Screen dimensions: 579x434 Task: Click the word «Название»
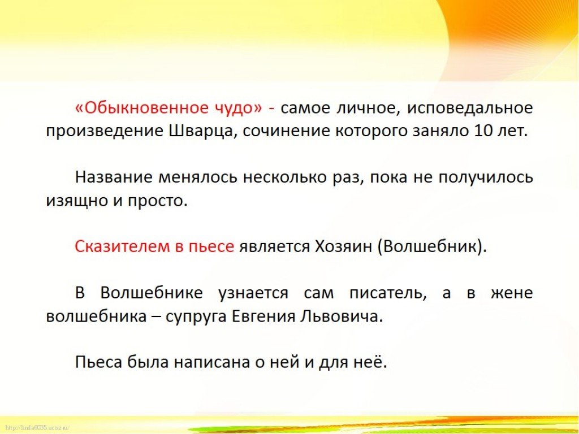(x=114, y=177)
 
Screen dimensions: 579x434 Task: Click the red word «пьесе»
(x=211, y=246)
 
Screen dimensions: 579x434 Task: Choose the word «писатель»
(x=386, y=293)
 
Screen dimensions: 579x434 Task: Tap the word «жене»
(x=512, y=294)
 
